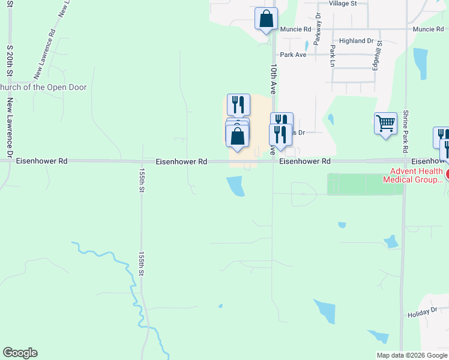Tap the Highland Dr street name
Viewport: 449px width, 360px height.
tap(357, 41)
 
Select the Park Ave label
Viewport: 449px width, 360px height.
tap(293, 55)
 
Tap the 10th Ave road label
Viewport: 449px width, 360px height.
tap(273, 79)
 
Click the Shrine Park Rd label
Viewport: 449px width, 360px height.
tap(406, 130)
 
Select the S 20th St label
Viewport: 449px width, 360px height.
tap(10, 59)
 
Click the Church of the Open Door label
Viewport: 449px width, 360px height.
tap(43, 88)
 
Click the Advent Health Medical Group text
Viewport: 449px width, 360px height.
tap(412, 175)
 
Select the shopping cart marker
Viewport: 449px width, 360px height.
tap(385, 124)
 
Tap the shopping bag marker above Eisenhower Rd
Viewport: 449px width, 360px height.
tap(238, 136)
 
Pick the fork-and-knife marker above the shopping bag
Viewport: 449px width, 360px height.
tap(238, 104)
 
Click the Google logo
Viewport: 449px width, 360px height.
tap(20, 353)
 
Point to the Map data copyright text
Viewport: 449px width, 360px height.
tap(412, 355)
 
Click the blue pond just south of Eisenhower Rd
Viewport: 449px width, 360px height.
tap(236, 186)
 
